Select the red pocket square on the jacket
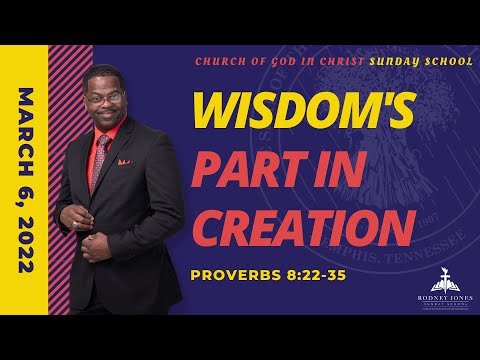(x=123, y=161)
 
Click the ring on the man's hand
(x=77, y=224)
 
